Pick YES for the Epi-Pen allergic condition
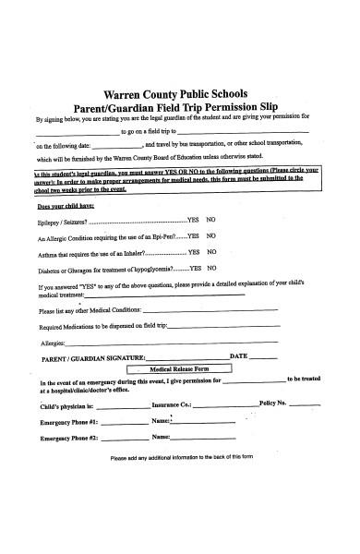point(193,236)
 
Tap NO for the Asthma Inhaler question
point(211,251)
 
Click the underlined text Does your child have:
point(61,207)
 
